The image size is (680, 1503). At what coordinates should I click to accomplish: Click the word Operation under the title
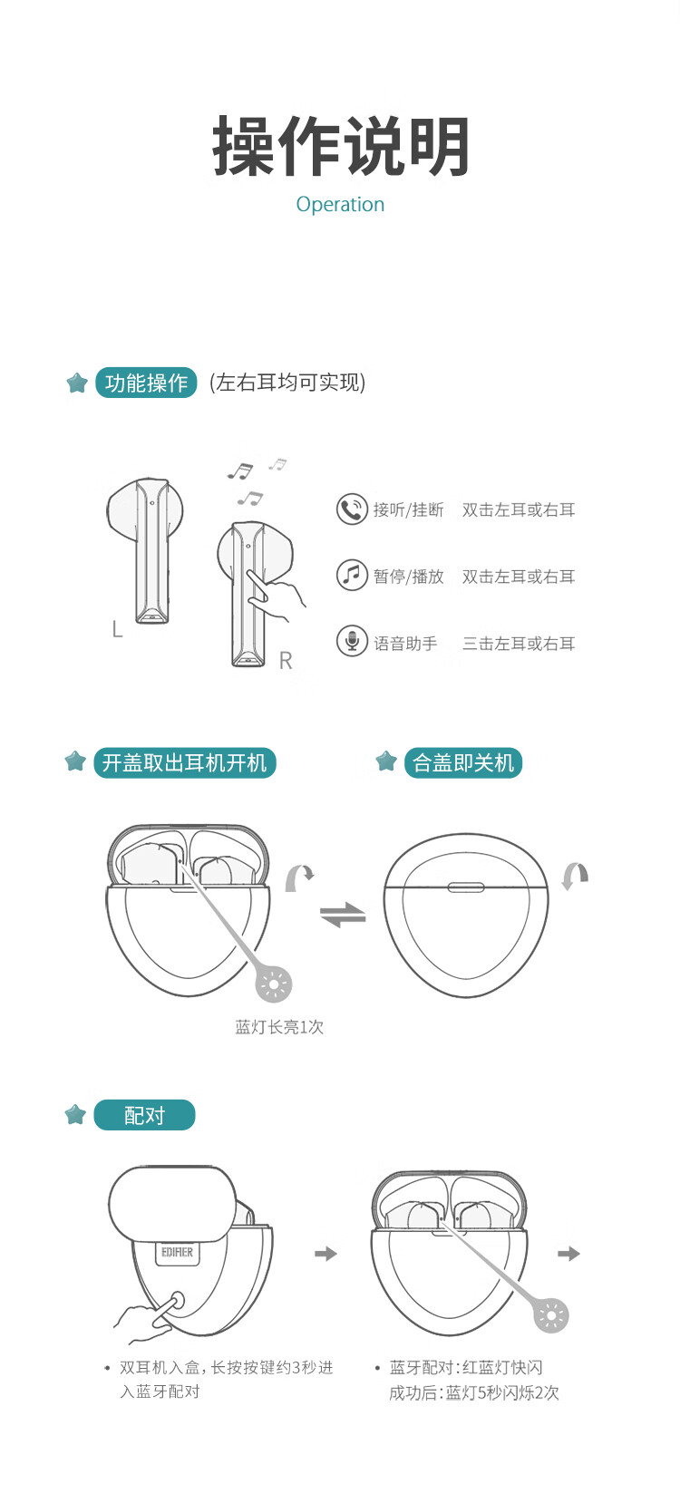pyautogui.click(x=340, y=205)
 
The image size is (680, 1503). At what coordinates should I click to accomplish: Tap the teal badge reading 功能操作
pyautogui.click(x=146, y=383)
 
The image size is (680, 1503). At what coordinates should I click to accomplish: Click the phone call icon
pyautogui.click(x=352, y=509)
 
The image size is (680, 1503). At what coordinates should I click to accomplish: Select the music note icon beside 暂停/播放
pyautogui.click(x=352, y=576)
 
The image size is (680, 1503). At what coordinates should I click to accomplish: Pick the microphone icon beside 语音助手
pyautogui.click(x=352, y=642)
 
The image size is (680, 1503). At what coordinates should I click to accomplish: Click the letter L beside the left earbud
pyautogui.click(x=118, y=629)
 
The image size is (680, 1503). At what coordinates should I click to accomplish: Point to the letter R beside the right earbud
pyautogui.click(x=286, y=661)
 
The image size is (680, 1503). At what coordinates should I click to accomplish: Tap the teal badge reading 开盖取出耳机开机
pyautogui.click(x=185, y=763)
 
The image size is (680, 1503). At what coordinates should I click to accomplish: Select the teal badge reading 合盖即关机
pyautogui.click(x=463, y=763)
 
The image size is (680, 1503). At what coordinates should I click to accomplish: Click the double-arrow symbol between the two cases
pyautogui.click(x=343, y=915)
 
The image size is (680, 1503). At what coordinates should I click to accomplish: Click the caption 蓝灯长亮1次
pyautogui.click(x=279, y=1026)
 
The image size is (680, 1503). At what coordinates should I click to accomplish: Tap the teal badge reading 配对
pyautogui.click(x=144, y=1115)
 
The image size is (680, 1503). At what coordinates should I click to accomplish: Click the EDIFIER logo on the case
pyautogui.click(x=177, y=1253)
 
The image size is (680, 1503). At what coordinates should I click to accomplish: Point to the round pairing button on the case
pyautogui.click(x=177, y=1301)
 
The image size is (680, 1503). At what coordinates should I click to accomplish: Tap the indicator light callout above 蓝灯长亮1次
pyautogui.click(x=274, y=984)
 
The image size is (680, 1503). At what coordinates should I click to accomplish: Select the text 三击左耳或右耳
pyautogui.click(x=519, y=644)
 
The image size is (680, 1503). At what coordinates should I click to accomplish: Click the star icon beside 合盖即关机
pyautogui.click(x=386, y=761)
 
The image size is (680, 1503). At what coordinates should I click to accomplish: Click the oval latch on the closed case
pyautogui.click(x=466, y=887)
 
